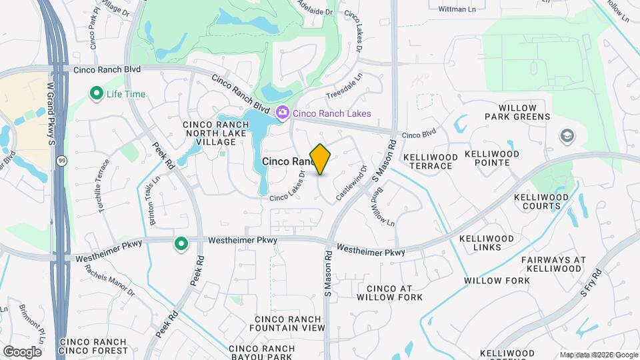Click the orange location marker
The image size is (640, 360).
(x=321, y=159)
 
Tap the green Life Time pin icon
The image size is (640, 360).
(x=96, y=94)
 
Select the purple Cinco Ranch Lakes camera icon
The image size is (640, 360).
(x=283, y=113)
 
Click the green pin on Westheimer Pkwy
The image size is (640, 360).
(x=180, y=245)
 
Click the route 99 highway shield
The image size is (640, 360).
(x=61, y=161)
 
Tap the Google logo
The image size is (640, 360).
(x=22, y=351)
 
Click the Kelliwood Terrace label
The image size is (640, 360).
(x=431, y=161)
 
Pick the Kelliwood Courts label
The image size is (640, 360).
(x=541, y=201)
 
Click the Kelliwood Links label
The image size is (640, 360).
(x=487, y=243)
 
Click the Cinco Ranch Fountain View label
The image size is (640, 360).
(x=287, y=323)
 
